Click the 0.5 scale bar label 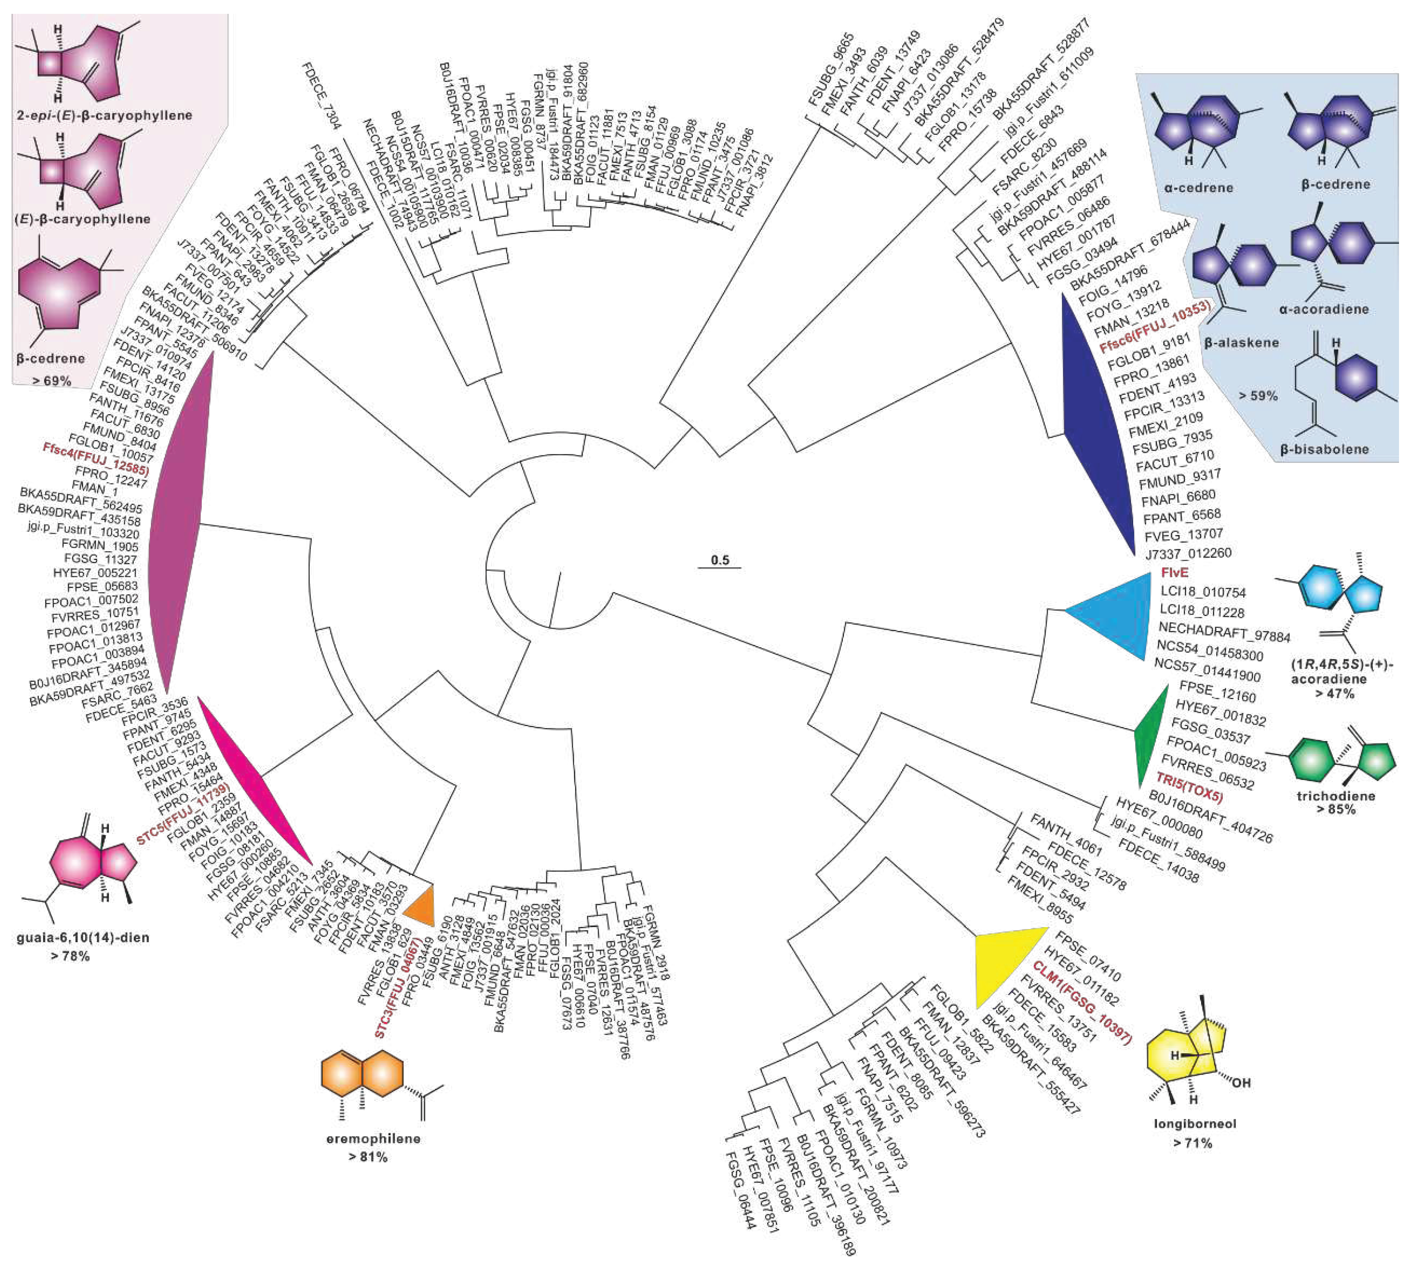720,560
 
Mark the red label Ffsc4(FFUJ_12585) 95,460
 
